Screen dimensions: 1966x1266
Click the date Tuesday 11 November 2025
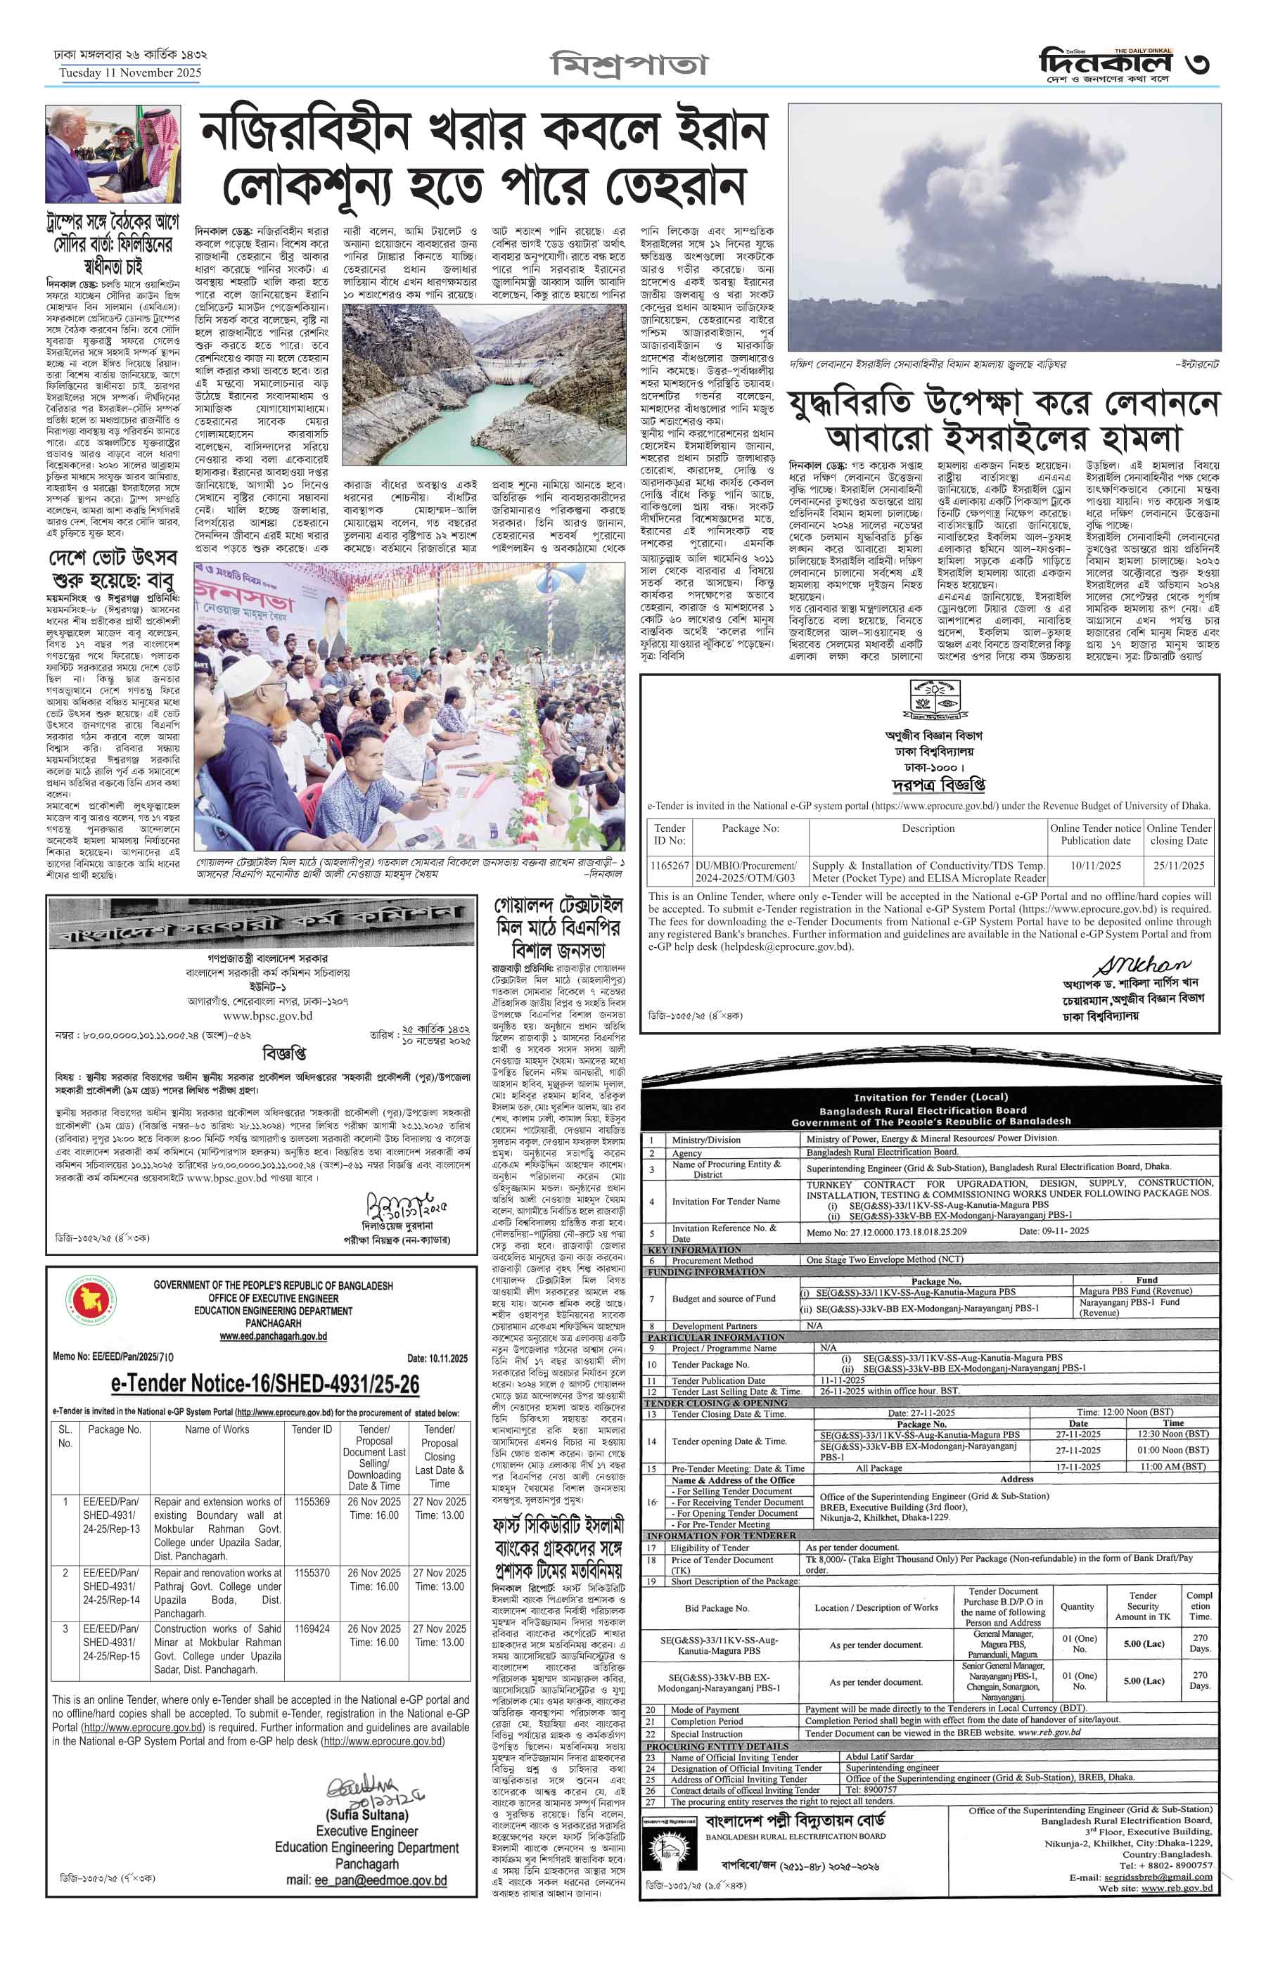tap(130, 73)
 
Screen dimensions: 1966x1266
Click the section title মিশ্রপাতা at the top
tap(629, 64)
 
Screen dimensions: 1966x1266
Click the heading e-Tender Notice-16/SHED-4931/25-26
tap(264, 1384)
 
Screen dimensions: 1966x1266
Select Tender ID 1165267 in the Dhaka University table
tap(669, 866)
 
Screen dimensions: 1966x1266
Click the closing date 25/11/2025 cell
tap(1178, 866)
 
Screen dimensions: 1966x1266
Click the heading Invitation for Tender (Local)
tap(930, 1097)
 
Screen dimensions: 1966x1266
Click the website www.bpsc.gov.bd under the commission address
tap(267, 1016)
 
